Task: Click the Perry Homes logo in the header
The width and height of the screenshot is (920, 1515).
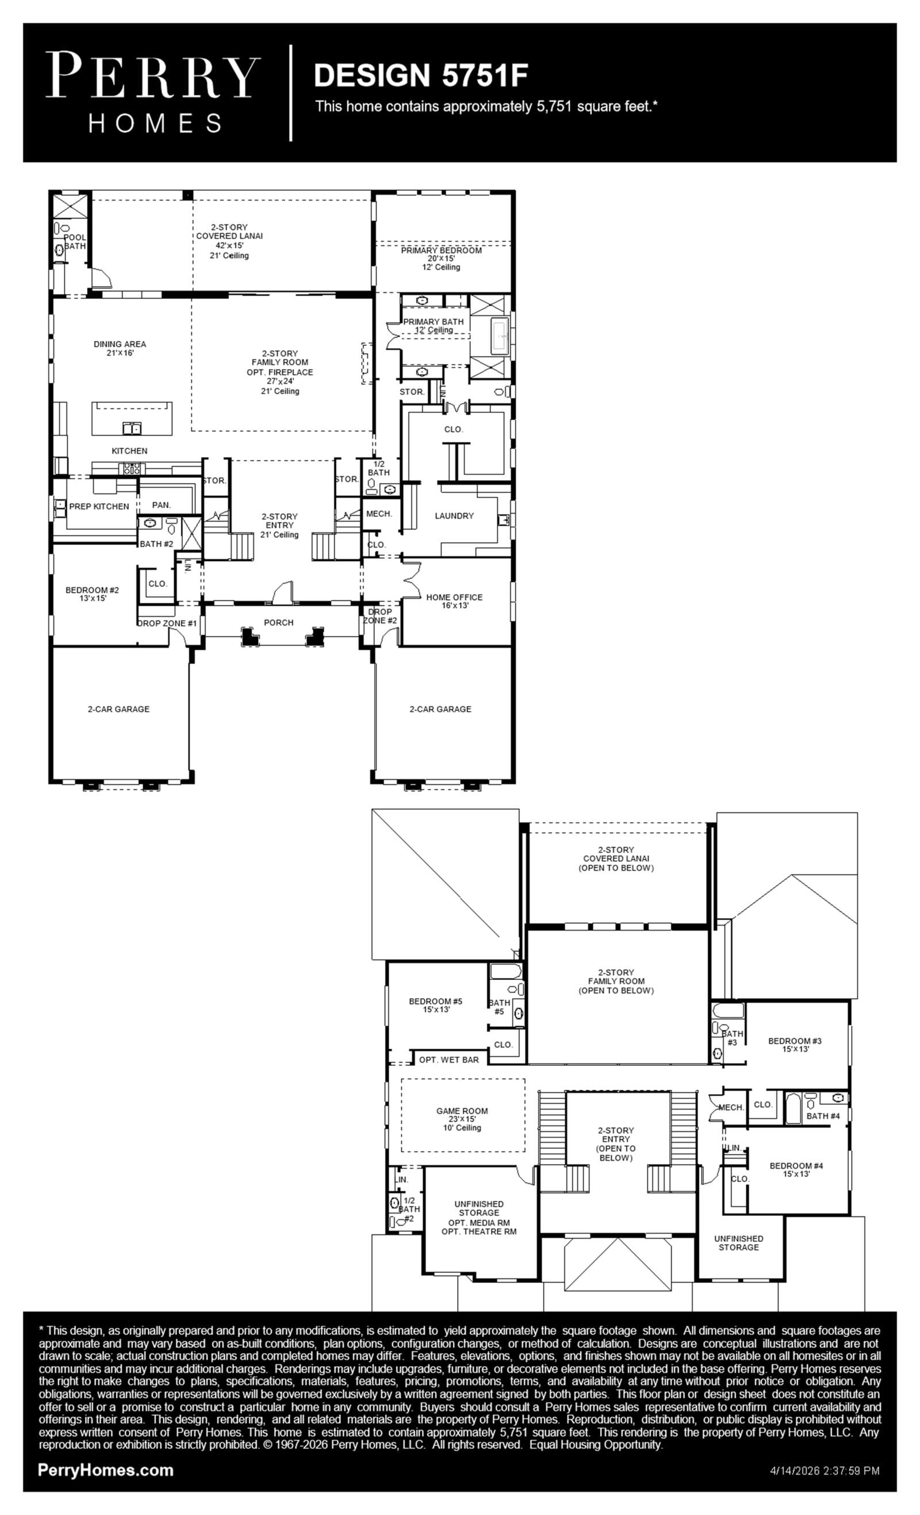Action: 153,92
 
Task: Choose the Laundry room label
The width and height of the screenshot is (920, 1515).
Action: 454,516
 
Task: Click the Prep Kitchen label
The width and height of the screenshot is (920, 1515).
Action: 99,507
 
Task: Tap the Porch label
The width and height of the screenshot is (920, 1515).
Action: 278,623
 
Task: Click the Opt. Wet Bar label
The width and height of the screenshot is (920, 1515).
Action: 449,1060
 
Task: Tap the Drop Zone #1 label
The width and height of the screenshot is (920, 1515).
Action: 167,623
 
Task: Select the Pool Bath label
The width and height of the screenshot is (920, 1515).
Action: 74,241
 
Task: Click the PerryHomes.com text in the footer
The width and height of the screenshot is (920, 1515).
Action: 105,1470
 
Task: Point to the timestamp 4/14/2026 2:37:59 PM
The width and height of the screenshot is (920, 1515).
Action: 825,1471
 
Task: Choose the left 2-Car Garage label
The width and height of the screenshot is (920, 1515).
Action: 118,709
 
